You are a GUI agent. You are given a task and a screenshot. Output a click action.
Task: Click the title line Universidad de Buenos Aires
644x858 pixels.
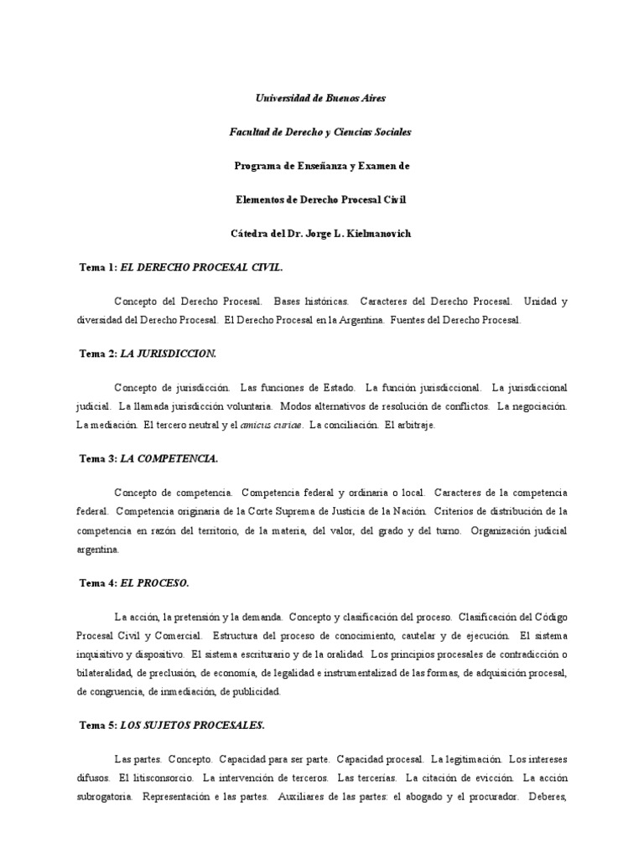point(321,98)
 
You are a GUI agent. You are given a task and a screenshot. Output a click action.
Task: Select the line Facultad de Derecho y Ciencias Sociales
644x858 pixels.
point(321,132)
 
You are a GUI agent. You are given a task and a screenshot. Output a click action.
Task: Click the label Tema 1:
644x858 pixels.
point(98,267)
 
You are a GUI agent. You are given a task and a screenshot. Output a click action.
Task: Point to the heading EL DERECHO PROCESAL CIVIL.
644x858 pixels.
point(202,267)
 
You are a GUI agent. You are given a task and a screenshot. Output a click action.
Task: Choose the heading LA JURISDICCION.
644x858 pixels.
point(169,354)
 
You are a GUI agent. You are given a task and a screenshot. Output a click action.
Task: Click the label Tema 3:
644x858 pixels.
point(98,458)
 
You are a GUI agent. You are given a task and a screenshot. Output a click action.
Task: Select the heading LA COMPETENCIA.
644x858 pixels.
point(169,458)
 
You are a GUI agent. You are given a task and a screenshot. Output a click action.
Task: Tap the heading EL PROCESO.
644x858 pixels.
point(155,582)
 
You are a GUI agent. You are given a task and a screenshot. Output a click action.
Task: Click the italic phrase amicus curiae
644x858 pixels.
point(272,426)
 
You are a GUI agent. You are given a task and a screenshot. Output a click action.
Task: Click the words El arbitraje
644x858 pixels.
point(409,426)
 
